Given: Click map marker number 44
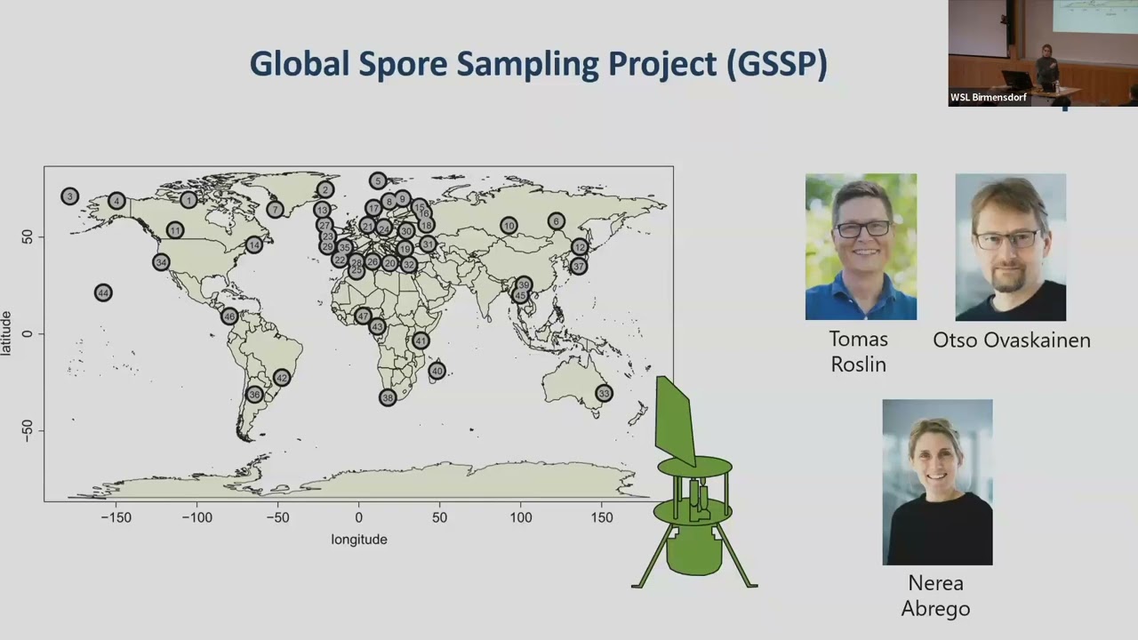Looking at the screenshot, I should (x=103, y=292).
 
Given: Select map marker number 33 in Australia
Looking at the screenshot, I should (x=604, y=393).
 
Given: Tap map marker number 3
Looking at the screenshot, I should (x=70, y=196).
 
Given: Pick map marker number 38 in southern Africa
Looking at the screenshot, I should (x=387, y=397).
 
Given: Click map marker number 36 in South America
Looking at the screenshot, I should (x=254, y=395).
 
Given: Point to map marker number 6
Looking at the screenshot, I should (x=556, y=221).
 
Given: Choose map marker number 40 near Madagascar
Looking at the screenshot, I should (x=437, y=371).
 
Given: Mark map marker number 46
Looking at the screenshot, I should (x=229, y=316).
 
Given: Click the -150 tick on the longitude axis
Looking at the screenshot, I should (x=116, y=517).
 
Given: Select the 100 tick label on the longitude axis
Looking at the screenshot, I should (x=521, y=517).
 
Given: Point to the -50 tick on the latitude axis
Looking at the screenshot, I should (x=28, y=432).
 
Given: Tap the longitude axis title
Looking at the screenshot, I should (x=359, y=540).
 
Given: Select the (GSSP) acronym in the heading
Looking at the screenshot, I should (x=777, y=65).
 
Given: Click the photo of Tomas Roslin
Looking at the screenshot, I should (x=861, y=246).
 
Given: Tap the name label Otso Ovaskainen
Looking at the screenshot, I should (x=1011, y=340).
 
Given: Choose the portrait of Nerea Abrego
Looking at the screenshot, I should (x=937, y=482).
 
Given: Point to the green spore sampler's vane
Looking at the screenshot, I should (x=675, y=422).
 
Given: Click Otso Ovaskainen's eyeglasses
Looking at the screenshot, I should (x=1007, y=239).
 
